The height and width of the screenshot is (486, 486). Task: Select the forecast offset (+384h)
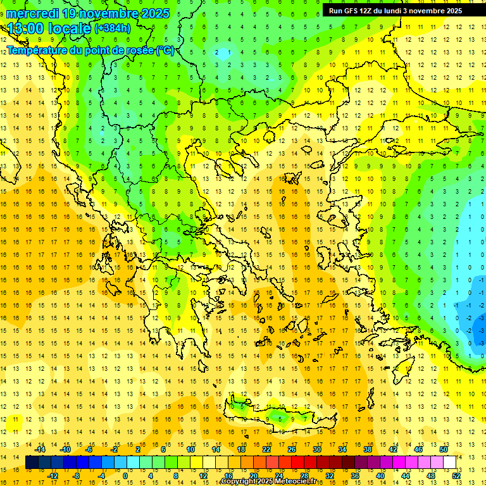tap(113, 28)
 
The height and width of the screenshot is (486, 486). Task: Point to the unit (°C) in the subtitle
tap(165, 50)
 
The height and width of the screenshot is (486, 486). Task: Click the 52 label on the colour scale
tap(455, 475)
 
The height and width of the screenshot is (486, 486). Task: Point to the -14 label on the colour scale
tap(40, 449)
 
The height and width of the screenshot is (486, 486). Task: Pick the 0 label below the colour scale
tap(125, 475)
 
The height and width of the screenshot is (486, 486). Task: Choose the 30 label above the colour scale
tap(317, 449)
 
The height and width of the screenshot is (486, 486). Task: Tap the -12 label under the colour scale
tap(53, 475)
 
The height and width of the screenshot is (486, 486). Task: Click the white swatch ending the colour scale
tap(449, 462)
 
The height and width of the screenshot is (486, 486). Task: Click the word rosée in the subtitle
tap(138, 50)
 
